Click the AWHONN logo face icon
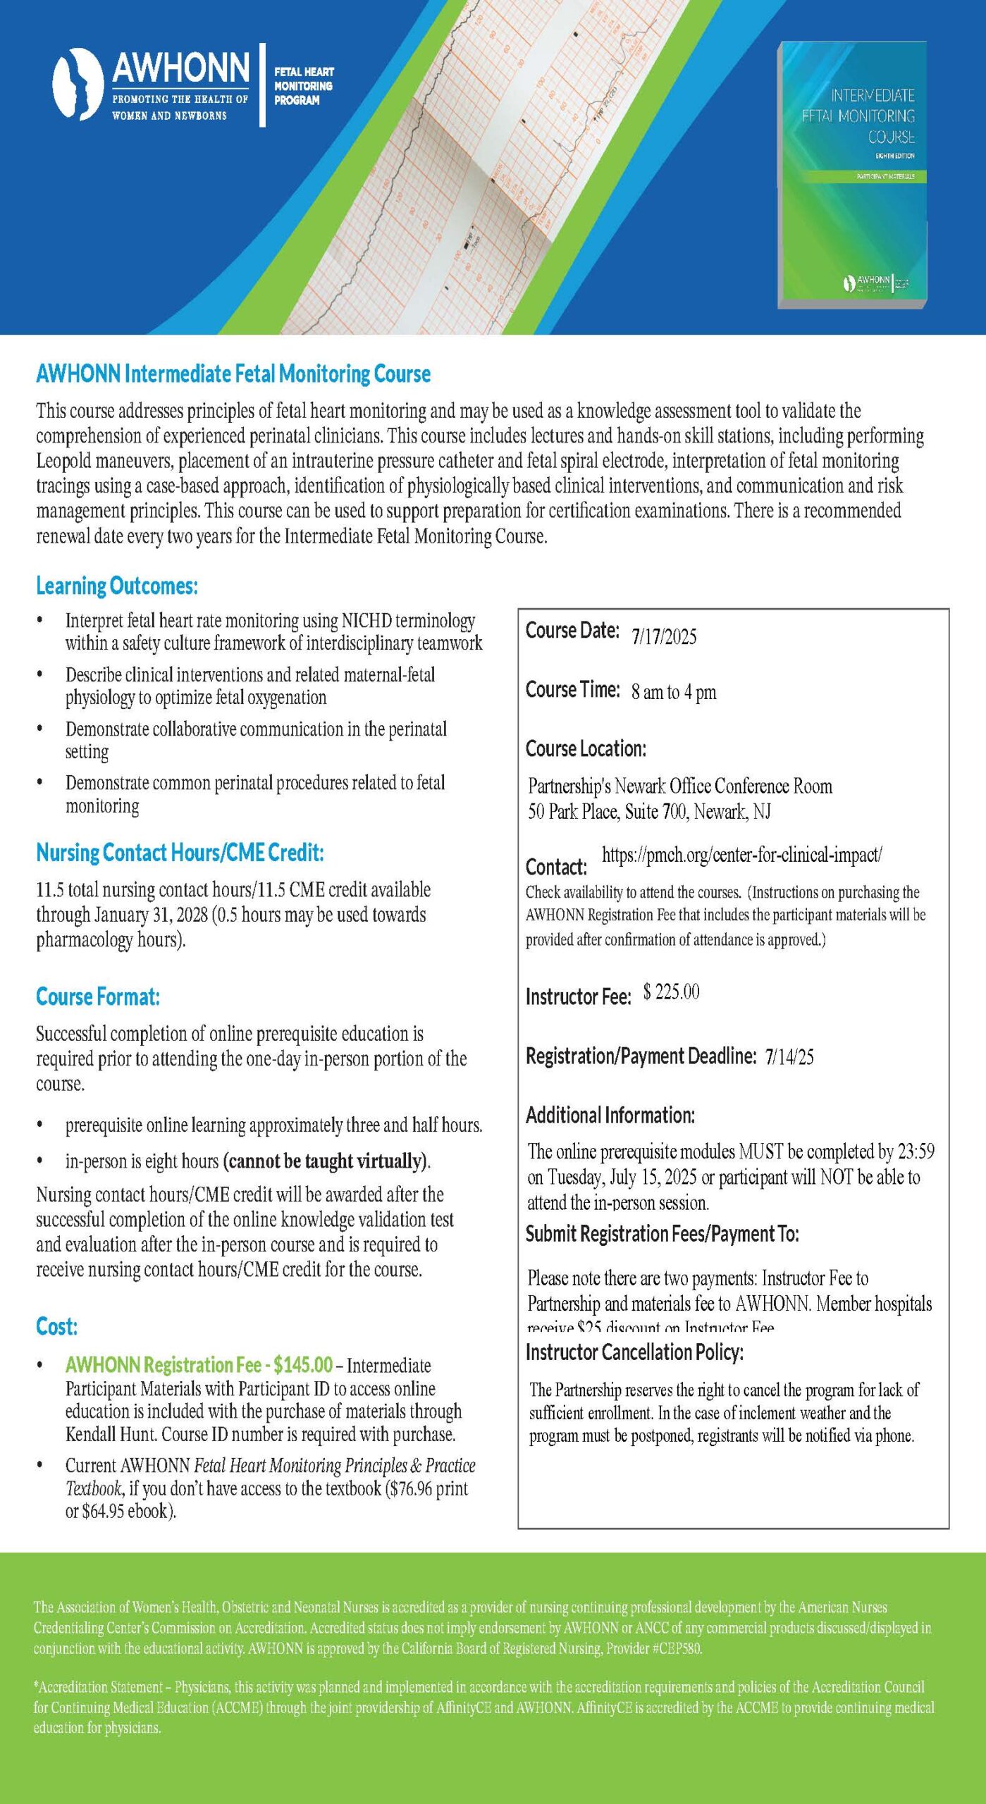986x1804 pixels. point(78,84)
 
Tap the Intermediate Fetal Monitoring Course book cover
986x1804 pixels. point(852,175)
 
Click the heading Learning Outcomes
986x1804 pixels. point(117,586)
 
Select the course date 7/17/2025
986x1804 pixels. point(664,637)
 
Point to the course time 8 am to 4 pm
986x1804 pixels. point(674,692)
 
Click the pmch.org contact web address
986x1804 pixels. point(741,855)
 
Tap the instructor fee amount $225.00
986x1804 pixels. point(671,992)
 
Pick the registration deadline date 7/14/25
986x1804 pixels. point(789,1056)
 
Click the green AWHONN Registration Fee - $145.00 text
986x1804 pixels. point(199,1365)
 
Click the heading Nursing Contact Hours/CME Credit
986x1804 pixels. point(180,853)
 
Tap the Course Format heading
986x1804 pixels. point(98,996)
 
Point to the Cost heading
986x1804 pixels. point(57,1326)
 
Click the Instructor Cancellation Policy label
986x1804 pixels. point(634,1352)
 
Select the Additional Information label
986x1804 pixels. point(610,1116)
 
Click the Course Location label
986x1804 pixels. point(586,748)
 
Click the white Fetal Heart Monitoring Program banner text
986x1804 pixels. point(304,86)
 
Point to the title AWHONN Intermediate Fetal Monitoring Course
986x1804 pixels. point(233,373)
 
